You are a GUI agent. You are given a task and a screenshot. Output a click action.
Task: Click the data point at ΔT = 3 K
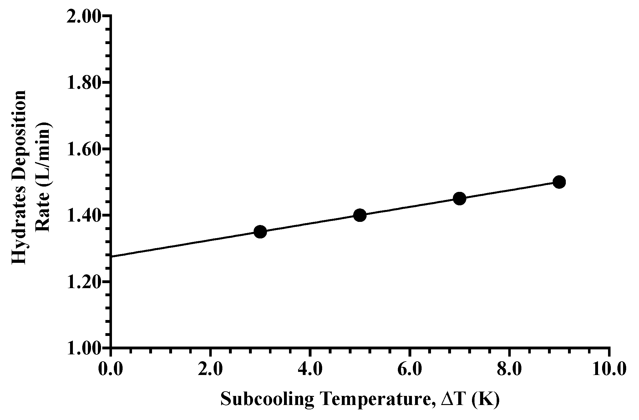[260, 232]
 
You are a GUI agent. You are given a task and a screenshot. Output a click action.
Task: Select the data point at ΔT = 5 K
[360, 215]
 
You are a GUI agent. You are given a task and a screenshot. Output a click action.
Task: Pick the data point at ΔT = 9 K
[559, 182]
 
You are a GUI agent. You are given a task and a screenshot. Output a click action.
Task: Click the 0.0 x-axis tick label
[111, 370]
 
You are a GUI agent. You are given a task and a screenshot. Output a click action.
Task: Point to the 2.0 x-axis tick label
[210, 370]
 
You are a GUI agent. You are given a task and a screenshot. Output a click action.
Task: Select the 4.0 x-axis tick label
[310, 370]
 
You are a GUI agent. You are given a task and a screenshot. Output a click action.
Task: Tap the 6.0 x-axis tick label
[409, 370]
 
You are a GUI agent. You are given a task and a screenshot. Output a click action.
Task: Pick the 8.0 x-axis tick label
[509, 370]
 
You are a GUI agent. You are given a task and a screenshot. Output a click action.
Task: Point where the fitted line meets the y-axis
[111, 257]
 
